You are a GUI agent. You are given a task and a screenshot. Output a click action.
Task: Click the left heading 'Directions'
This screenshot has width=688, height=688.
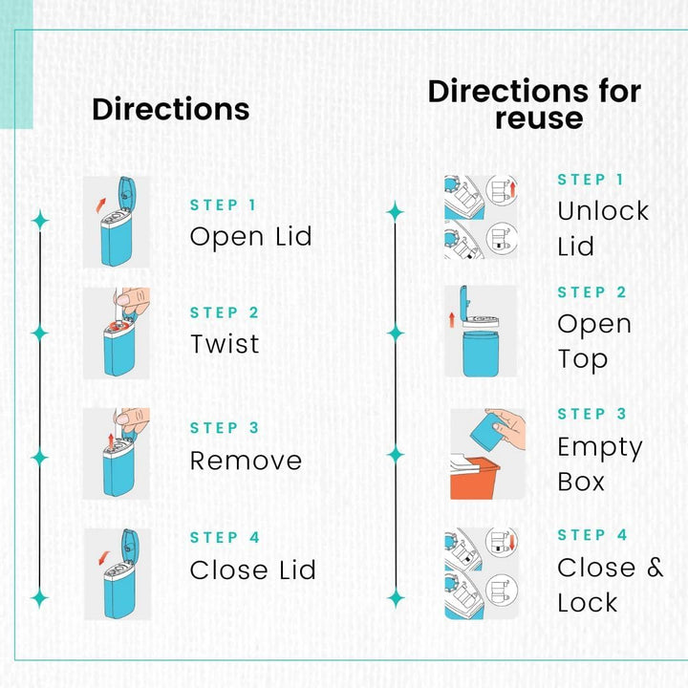point(170,109)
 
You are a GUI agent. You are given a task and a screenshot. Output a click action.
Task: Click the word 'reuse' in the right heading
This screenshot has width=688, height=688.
point(538,118)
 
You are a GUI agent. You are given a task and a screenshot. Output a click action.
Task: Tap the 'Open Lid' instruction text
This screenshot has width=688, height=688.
point(250,236)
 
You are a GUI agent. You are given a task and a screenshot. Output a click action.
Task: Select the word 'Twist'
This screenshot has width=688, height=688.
point(225,344)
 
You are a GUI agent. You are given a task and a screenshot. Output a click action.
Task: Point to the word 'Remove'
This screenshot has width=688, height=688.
point(246,461)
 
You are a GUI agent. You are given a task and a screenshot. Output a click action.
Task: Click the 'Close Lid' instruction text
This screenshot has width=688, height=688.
point(252,570)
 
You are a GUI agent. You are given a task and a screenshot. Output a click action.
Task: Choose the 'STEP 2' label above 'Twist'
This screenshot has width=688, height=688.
point(225,312)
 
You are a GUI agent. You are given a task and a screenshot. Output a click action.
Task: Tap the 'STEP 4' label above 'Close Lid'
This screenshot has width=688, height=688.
point(225,537)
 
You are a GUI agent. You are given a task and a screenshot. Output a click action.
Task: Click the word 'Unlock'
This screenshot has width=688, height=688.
point(603,211)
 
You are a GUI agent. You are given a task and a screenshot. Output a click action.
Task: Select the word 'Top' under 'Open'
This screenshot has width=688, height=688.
point(583,359)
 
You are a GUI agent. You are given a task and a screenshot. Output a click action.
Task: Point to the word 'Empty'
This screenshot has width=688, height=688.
point(600,447)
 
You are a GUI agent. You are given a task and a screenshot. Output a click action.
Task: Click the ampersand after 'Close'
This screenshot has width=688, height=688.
point(654,567)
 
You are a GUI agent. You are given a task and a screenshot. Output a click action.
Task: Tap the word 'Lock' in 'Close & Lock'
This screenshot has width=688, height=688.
point(588,603)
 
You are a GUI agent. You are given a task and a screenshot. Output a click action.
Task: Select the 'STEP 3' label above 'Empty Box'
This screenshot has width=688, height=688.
point(592,414)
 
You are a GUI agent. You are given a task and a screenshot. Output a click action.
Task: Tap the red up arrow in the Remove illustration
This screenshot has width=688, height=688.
point(111,440)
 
